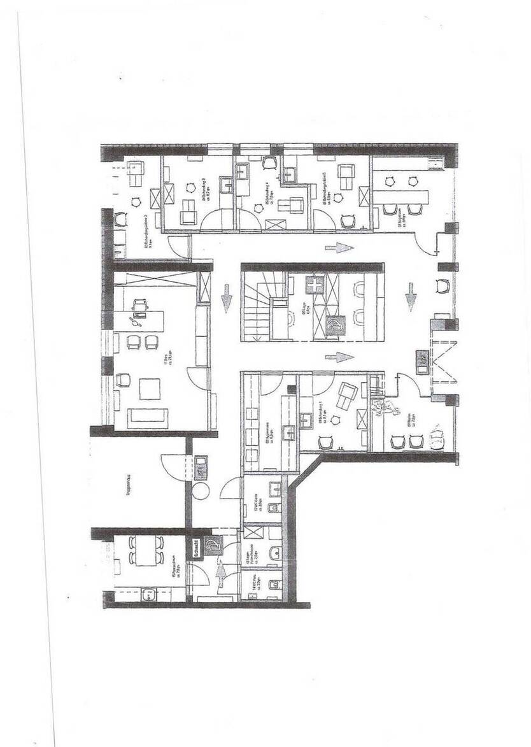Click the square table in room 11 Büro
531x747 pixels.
(x=150, y=388)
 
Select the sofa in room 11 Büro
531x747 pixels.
(x=148, y=417)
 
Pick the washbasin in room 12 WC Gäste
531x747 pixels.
(x=275, y=489)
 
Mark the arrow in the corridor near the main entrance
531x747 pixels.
(x=411, y=298)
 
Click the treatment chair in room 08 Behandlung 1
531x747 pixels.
(x=347, y=395)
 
